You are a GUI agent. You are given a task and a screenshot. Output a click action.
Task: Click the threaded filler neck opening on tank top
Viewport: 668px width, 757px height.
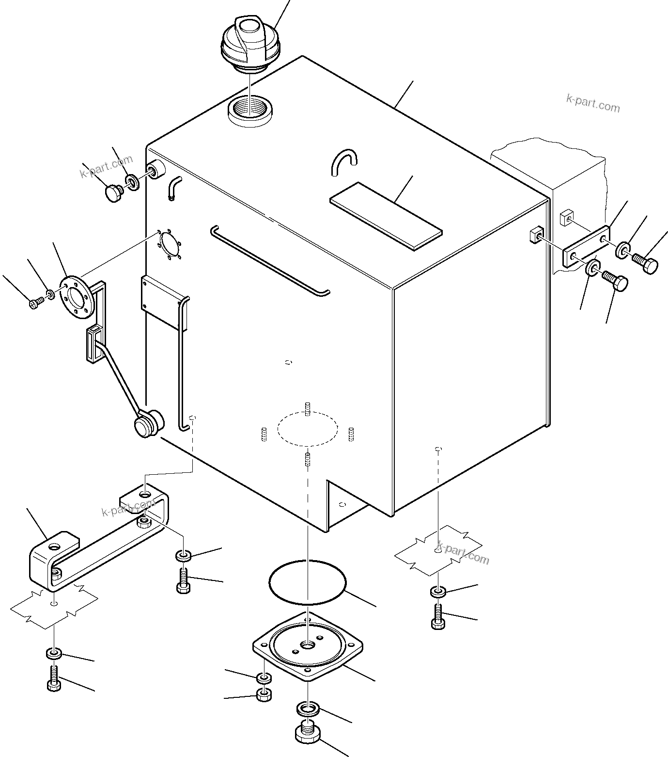click(x=251, y=111)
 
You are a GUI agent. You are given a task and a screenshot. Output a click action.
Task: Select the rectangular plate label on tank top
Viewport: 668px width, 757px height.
click(x=386, y=216)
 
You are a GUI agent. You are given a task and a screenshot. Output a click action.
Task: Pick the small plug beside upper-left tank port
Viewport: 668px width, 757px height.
click(x=112, y=193)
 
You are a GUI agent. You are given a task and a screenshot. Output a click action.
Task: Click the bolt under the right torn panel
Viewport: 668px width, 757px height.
click(x=437, y=617)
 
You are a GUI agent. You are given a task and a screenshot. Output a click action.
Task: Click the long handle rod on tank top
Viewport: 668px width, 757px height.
click(x=269, y=259)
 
